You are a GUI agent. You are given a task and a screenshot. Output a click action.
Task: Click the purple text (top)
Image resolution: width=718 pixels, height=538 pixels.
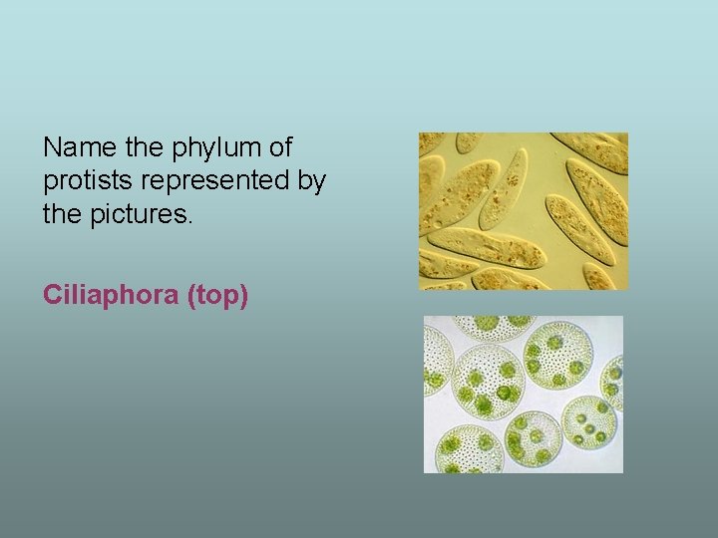(216, 295)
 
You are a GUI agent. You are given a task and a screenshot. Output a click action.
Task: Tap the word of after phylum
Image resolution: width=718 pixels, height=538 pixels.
(279, 148)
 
